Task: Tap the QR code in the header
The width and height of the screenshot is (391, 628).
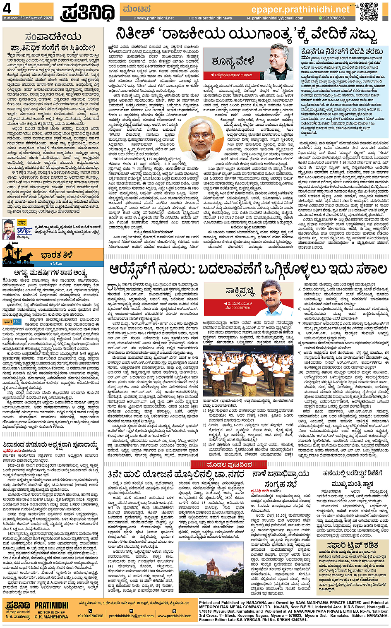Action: [369, 11]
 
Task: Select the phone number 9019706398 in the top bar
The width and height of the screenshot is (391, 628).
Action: [333, 18]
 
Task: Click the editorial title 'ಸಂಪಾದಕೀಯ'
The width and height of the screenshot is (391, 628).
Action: [53, 37]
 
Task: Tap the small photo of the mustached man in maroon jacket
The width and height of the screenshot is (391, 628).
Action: [9, 230]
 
